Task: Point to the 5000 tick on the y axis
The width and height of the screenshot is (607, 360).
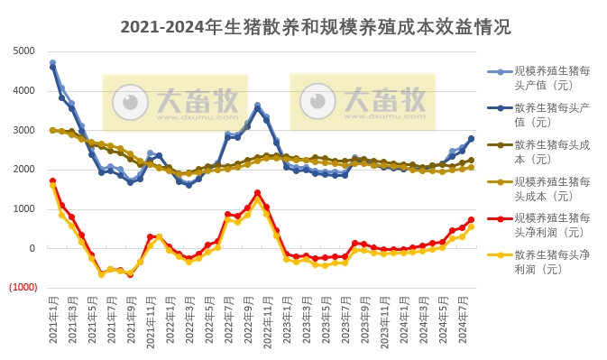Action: (x=23, y=51)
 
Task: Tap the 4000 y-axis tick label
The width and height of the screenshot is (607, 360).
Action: (x=23, y=90)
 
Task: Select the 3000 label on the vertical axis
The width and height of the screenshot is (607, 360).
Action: (x=23, y=130)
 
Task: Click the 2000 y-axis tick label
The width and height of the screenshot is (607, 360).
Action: (x=23, y=170)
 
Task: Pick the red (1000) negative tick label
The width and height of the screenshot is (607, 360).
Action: (x=23, y=288)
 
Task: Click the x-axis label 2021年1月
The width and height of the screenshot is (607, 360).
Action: (x=53, y=324)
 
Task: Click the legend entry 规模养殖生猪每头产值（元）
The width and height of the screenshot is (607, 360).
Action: (x=551, y=77)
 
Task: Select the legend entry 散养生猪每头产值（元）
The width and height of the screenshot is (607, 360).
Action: (x=551, y=114)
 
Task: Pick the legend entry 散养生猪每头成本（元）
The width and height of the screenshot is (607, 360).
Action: (x=551, y=151)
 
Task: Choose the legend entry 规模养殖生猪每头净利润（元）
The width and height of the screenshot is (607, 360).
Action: (x=551, y=225)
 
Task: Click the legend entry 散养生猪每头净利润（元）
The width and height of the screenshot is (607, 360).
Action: (x=551, y=262)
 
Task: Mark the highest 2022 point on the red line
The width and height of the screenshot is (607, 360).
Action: (x=257, y=192)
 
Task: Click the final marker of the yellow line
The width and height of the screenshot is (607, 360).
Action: (x=471, y=226)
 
